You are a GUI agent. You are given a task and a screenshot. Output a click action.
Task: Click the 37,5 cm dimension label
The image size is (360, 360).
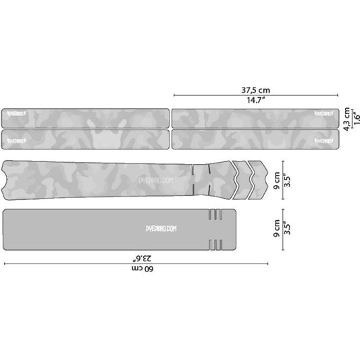point(256,88)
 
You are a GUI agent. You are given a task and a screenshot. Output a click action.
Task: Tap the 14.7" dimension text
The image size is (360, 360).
point(256,101)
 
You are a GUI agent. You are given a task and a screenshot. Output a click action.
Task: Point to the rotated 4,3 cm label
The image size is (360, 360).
point(346,119)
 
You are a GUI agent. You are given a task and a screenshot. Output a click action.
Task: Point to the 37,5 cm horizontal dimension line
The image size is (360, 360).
point(256,95)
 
